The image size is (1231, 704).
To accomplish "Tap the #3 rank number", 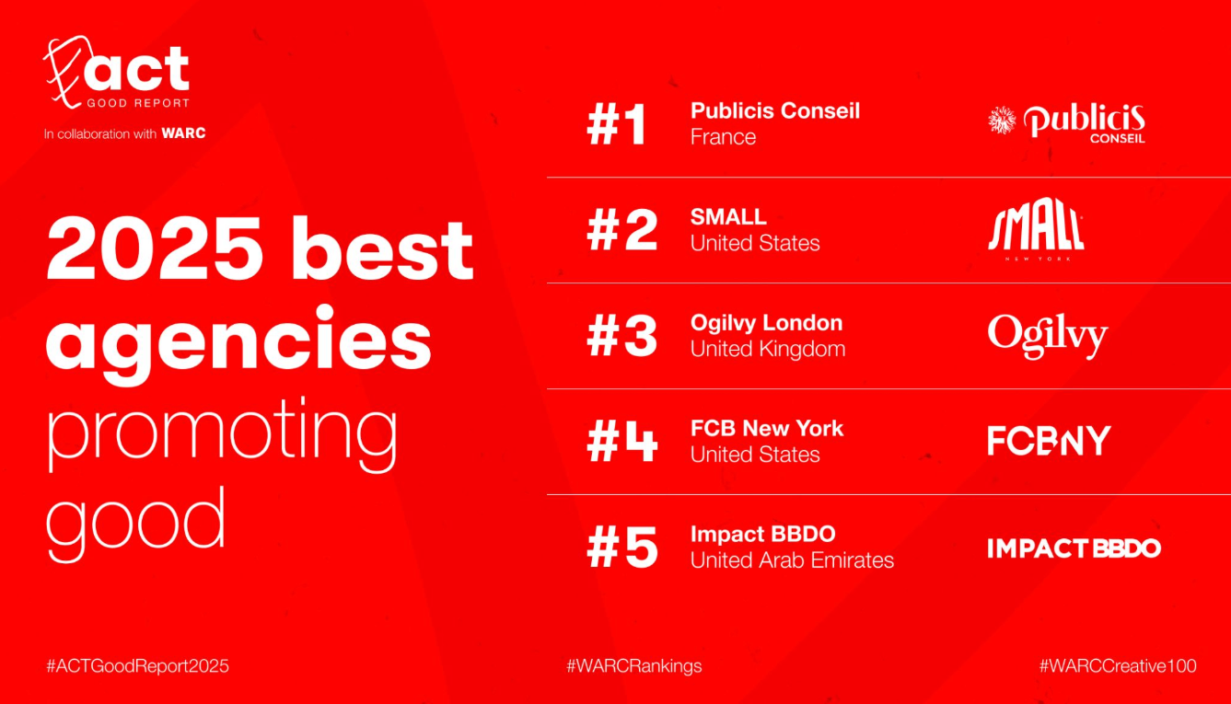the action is (621, 337).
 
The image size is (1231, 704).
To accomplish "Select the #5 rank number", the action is (621, 548).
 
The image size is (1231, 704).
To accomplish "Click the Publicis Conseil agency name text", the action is (775, 111).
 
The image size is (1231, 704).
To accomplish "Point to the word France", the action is (723, 137).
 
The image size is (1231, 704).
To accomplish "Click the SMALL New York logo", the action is (1036, 228).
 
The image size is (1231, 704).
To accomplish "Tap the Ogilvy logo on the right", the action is (1048, 336).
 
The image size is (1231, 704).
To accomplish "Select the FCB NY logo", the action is (1049, 441).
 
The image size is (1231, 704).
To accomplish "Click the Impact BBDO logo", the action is (1074, 548).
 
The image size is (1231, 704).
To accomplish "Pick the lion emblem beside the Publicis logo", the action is (1002, 121).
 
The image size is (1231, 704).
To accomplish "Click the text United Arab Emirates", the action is (792, 560).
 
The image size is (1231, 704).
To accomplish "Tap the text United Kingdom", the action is (768, 350).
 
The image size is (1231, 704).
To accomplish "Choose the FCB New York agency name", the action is (767, 428).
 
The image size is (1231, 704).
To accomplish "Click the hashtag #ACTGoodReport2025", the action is (137, 666).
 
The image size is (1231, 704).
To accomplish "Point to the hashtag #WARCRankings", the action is (633, 666).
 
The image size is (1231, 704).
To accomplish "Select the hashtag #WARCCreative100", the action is (1118, 666).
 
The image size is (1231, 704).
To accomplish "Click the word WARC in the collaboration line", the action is (183, 133).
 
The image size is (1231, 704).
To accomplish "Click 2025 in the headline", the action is (155, 248).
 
